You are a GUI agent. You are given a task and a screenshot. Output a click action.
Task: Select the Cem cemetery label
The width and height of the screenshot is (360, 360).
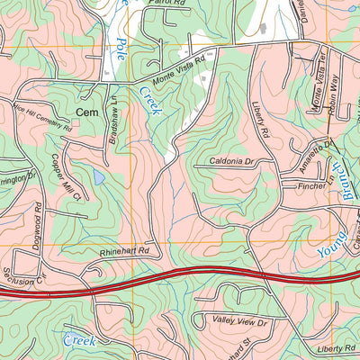point(86,112)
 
